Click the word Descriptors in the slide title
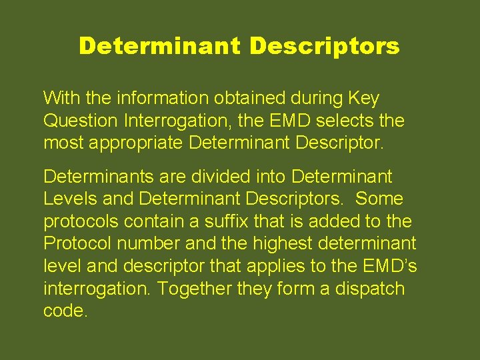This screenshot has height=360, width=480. coord(325,46)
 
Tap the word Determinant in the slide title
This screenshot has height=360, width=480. coord(159,46)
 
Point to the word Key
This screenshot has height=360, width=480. coord(364,99)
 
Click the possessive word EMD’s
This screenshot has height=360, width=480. coord(391,267)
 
